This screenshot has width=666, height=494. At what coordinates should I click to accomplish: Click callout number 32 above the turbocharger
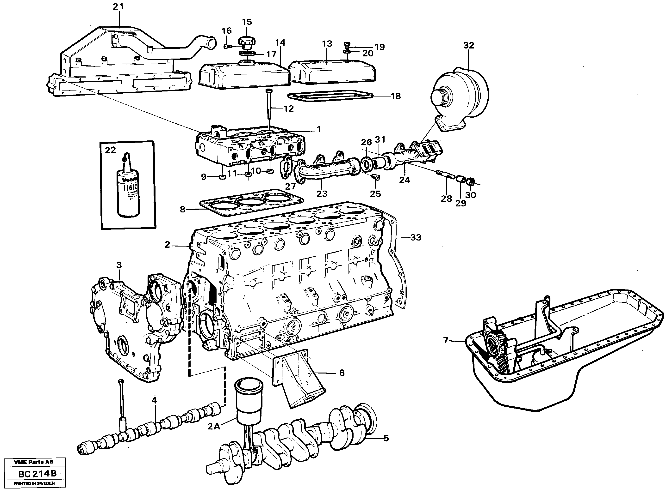468,45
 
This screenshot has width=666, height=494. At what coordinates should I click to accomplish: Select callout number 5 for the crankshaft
386,438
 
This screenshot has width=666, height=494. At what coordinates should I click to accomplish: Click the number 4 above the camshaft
154,400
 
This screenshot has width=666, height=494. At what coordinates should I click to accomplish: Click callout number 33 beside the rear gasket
416,237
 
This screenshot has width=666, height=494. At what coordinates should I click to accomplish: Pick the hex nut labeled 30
470,181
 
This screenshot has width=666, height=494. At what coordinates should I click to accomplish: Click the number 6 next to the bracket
342,373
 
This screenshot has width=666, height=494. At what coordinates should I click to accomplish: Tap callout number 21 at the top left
118,6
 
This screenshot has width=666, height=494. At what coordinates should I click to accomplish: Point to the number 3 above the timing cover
119,265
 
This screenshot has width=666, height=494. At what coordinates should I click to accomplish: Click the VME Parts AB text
33,462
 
